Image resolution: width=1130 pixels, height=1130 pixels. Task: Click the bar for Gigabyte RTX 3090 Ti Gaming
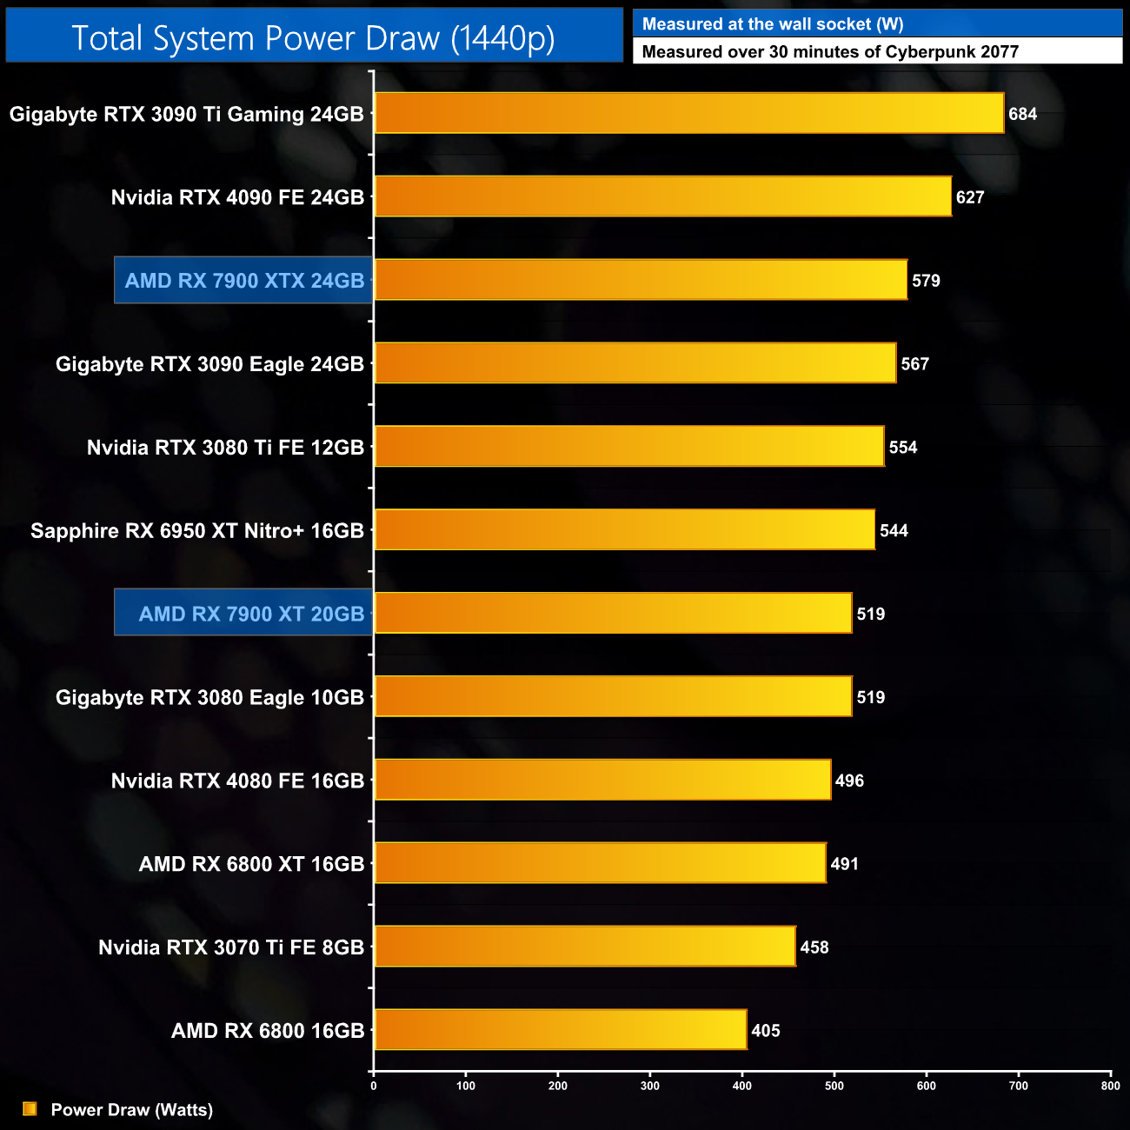point(688,113)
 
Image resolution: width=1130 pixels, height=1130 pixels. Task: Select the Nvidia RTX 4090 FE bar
point(662,196)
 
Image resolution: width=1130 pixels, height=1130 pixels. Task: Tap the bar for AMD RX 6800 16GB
point(561,1030)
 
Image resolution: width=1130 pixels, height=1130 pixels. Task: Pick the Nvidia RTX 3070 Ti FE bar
point(585,947)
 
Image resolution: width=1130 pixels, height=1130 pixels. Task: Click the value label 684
point(1022,114)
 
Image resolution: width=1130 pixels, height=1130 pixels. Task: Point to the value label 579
point(926,281)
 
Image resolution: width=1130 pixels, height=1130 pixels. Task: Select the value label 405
point(766,1031)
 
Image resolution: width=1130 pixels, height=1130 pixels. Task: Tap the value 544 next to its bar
point(894,531)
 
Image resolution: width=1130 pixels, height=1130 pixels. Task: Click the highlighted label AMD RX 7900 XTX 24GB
point(244,281)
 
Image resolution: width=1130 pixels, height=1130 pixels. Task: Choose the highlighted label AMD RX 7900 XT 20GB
point(251,615)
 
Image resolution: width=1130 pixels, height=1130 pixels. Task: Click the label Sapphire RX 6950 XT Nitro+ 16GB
point(197,531)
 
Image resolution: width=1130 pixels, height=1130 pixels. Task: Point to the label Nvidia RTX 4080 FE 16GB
point(237,781)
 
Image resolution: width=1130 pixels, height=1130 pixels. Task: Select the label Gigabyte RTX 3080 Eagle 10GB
point(209,698)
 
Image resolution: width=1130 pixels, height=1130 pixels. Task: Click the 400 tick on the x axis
point(742,1086)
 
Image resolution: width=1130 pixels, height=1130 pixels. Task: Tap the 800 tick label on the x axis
point(1110,1086)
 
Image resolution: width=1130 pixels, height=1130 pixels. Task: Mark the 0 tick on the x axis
point(374,1086)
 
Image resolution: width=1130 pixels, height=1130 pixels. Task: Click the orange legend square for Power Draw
point(30,1109)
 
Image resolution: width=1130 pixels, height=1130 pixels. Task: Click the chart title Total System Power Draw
point(313,38)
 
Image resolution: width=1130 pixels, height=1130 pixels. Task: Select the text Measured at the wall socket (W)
point(773,24)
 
